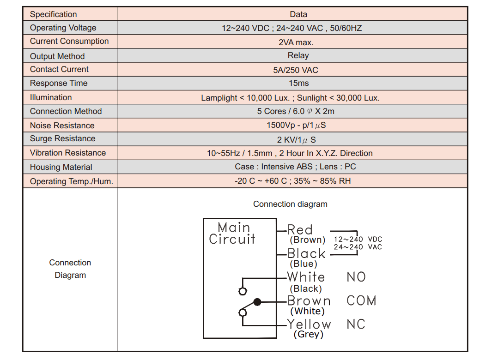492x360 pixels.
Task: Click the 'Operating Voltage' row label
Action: [63, 28]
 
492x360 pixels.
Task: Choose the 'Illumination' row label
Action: [51, 97]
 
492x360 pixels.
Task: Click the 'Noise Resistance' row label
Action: [62, 126]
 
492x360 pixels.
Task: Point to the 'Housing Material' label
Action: [61, 167]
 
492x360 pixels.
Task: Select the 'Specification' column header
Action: [53, 14]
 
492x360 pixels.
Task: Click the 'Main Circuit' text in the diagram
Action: [232, 233]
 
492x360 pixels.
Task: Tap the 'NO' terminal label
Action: [356, 277]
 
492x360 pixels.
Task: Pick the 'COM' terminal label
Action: [361, 300]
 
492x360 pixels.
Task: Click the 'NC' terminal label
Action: [356, 324]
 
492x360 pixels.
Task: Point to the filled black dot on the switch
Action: [257, 302]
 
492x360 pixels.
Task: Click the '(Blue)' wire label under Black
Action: [303, 264]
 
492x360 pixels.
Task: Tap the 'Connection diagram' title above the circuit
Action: [290, 204]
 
